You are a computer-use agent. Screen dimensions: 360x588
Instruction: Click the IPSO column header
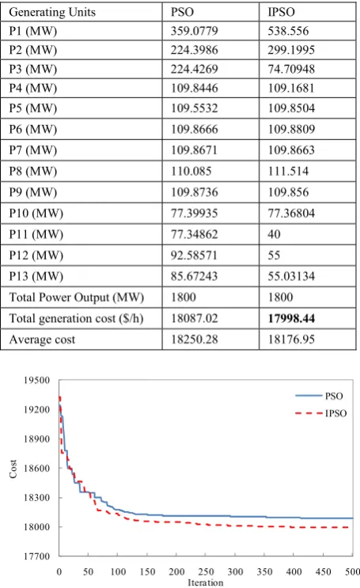tap(281, 12)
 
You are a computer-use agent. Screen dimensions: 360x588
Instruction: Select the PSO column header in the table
tap(182, 12)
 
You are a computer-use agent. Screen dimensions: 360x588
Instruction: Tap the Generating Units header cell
tap(52, 12)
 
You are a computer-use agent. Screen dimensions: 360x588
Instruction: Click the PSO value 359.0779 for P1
tap(195, 31)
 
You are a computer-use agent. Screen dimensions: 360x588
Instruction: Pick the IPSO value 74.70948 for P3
tap(291, 69)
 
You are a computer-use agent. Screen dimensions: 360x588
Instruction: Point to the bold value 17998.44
tap(291, 318)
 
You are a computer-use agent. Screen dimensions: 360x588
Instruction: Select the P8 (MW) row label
tap(33, 172)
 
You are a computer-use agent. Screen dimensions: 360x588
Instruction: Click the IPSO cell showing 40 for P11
tap(274, 234)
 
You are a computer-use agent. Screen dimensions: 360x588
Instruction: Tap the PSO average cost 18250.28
tap(195, 340)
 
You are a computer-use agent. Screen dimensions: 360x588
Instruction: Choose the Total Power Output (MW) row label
tap(77, 298)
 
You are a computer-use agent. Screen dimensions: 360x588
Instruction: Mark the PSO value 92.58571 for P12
tap(195, 256)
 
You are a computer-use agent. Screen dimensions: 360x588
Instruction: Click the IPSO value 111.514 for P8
tap(288, 172)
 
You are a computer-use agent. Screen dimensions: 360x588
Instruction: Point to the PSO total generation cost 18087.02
tap(195, 318)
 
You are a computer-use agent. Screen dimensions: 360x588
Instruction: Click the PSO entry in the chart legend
tap(319, 396)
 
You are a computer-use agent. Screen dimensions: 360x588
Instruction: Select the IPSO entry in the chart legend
tap(321, 413)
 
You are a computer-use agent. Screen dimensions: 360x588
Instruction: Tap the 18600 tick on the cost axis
tap(36, 468)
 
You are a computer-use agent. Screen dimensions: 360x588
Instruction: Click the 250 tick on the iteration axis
tap(206, 571)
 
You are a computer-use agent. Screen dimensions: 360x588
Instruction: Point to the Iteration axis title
tap(206, 582)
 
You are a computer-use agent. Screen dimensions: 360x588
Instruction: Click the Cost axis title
tap(13, 469)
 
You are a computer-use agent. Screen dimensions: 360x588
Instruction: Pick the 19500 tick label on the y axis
tap(36, 380)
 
